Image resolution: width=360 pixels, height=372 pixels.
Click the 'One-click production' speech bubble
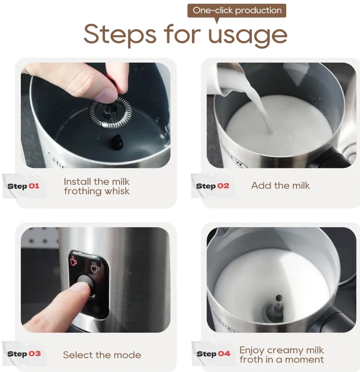click(237, 11)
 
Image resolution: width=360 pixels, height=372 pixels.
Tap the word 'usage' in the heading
click(247, 36)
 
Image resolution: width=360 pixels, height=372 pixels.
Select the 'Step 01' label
click(23, 186)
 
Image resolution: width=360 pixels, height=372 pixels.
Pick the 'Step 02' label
click(213, 186)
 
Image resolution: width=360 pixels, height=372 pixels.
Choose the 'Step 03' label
click(24, 353)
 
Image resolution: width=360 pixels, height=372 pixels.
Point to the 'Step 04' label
click(213, 353)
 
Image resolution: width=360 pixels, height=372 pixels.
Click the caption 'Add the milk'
click(281, 185)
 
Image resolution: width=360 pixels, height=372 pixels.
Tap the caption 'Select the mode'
click(102, 355)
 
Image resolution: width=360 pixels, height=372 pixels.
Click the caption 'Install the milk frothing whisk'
click(97, 187)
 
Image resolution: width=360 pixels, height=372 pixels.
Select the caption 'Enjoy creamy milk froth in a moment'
click(281, 355)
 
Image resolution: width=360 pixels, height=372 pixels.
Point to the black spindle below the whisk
click(117, 141)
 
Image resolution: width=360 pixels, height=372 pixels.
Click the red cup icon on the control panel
click(74, 261)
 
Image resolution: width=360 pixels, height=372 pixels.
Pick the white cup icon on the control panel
click(95, 267)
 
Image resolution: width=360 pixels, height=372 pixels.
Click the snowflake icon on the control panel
click(97, 310)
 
